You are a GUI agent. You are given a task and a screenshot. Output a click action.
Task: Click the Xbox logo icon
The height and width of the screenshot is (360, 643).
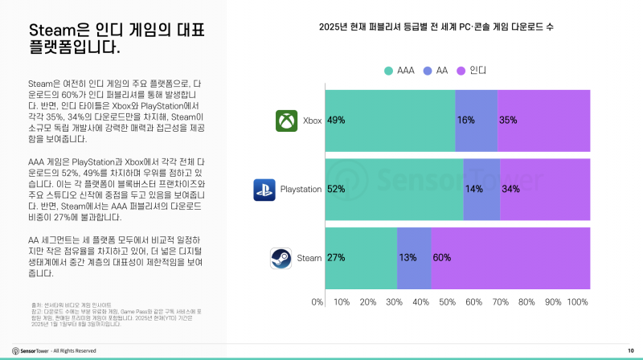[287, 121]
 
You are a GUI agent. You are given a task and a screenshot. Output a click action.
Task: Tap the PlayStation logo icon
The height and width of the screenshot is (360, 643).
[264, 190]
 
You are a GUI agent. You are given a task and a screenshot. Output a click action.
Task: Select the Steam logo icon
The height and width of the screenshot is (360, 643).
[281, 258]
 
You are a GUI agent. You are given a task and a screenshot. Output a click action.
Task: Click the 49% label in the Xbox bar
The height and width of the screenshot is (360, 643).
[336, 121]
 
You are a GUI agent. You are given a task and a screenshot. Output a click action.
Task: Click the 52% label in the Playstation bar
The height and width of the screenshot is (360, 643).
[336, 190]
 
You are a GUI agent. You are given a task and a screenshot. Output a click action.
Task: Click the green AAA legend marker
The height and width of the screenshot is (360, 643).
[388, 71]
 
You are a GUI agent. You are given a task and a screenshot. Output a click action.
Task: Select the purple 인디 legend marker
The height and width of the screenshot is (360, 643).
[461, 71]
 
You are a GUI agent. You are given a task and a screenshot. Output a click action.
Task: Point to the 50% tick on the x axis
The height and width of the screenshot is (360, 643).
[447, 302]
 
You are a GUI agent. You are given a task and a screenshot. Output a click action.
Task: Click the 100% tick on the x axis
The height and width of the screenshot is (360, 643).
[578, 302]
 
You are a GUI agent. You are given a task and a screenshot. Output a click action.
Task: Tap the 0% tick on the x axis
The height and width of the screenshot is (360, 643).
[317, 302]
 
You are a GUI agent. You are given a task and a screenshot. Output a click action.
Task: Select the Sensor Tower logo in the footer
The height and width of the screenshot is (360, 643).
[29, 350]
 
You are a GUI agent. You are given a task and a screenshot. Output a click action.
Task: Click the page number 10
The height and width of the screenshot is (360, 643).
[630, 350]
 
